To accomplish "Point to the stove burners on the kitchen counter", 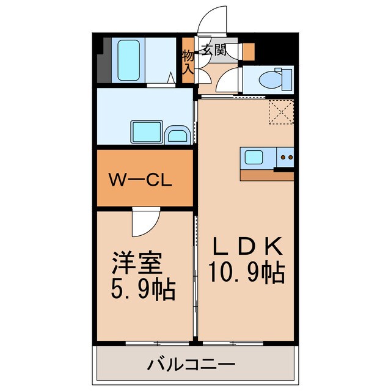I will tap(285, 158).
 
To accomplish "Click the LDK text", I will tap(246, 246).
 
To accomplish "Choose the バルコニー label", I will tap(191, 365).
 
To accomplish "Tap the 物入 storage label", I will tap(188, 62).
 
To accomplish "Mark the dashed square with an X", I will tap(280, 111).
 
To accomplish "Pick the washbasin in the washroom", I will tap(176, 136).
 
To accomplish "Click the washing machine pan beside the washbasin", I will tap(145, 132).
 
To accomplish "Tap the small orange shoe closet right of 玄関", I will tap(248, 51).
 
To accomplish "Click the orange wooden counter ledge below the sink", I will tap(266, 175).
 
